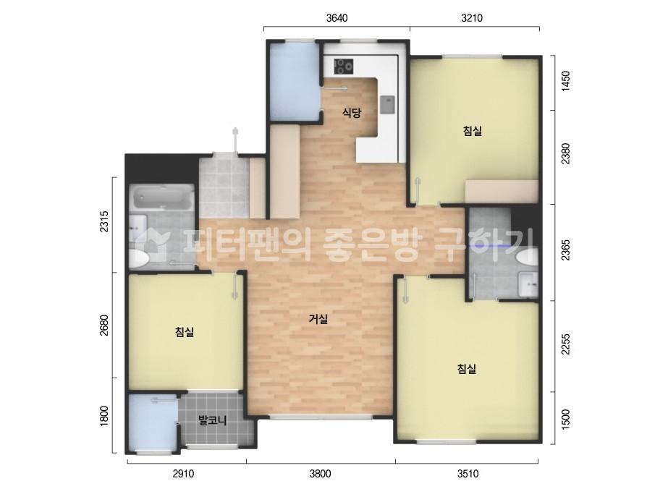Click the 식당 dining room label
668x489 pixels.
point(351,112)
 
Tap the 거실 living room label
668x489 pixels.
point(318,318)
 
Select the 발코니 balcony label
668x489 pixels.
point(213,420)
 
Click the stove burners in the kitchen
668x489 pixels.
point(344,67)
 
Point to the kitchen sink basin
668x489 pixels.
point(386,106)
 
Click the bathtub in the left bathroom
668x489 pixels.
point(161,197)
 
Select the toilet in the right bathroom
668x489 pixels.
point(528,257)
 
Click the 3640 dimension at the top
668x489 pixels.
point(337,18)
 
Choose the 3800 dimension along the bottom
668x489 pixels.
point(320,475)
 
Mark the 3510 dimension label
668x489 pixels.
point(468,475)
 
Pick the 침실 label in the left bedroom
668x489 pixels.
point(184,332)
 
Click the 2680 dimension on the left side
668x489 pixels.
point(104,326)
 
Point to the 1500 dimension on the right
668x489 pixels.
point(566,420)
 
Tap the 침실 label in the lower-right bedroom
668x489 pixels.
point(467,368)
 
